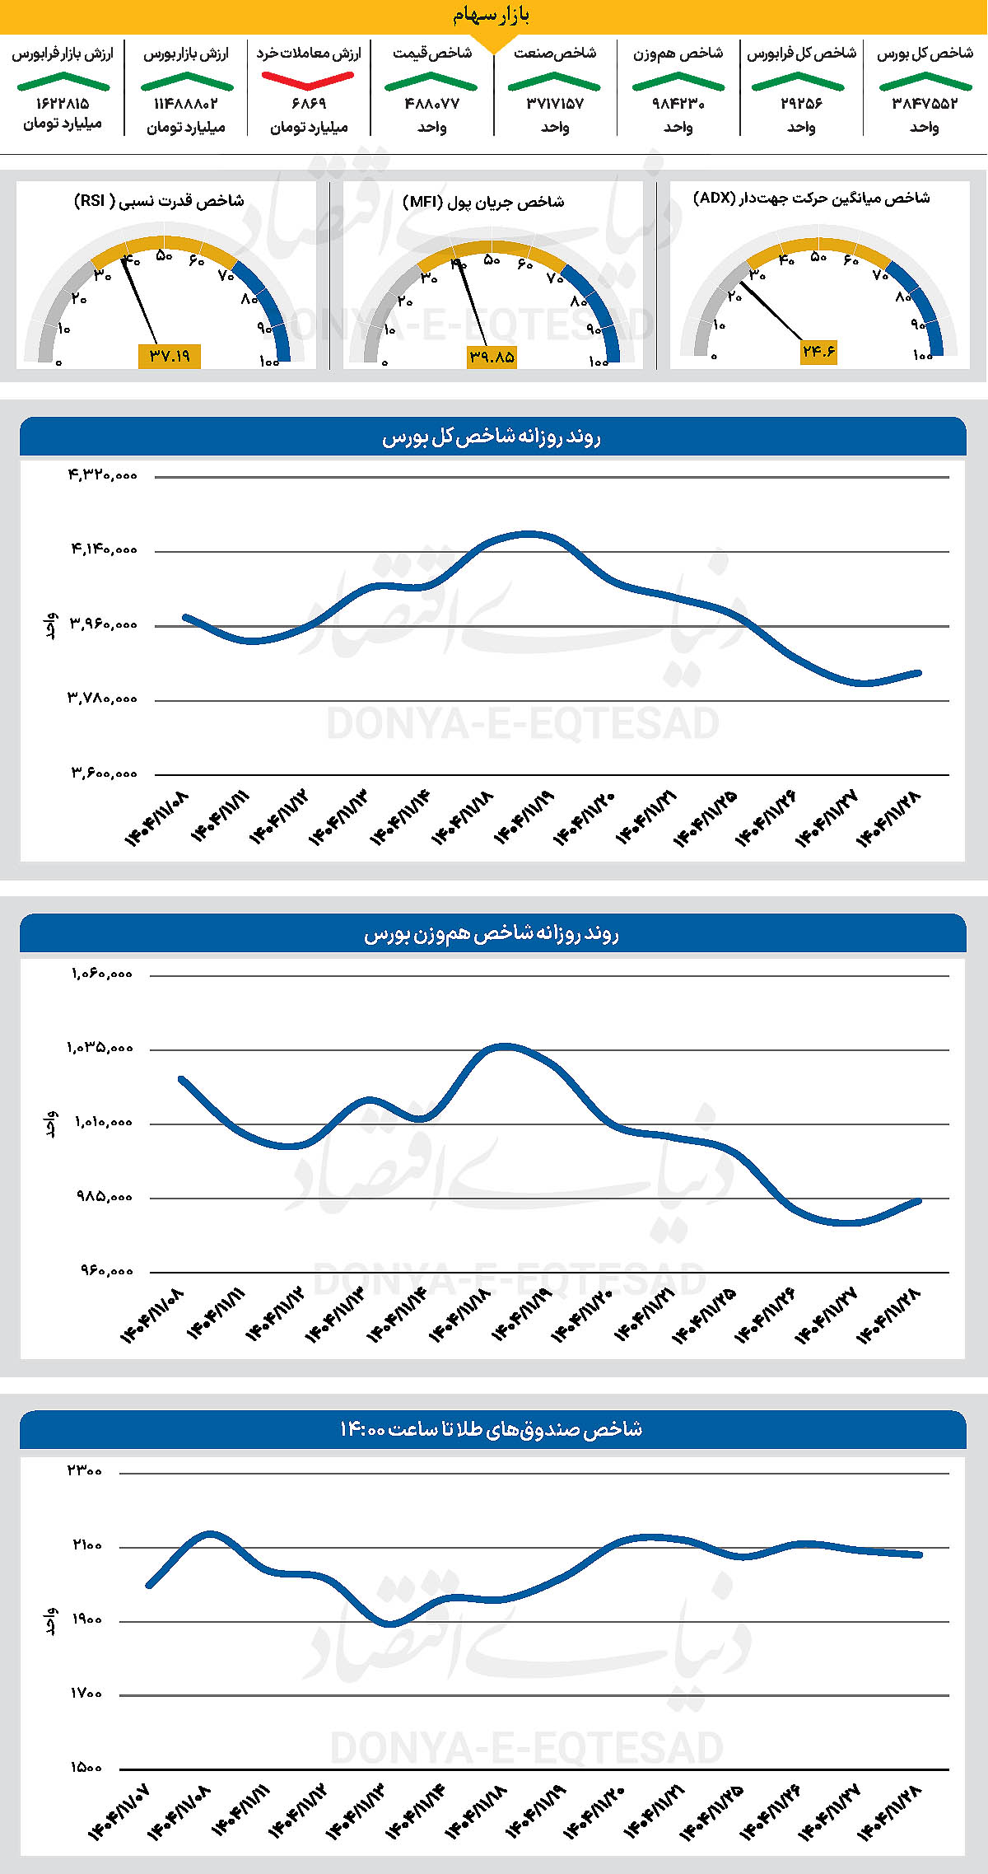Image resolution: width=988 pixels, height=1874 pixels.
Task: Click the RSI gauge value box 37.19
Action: pyautogui.click(x=170, y=356)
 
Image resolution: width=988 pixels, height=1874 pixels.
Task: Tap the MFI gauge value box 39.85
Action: pyautogui.click(x=492, y=357)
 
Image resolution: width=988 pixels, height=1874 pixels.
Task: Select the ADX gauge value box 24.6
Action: pyautogui.click(x=818, y=352)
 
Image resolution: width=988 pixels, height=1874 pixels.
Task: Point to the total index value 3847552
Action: pyautogui.click(x=925, y=104)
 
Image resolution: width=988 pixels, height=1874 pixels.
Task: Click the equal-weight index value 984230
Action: pyautogui.click(x=678, y=104)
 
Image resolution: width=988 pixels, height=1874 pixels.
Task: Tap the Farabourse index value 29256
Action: pyautogui.click(x=801, y=104)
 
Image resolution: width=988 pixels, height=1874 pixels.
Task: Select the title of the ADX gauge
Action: pyautogui.click(x=812, y=198)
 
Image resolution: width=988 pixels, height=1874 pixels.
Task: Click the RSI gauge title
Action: pyautogui.click(x=159, y=201)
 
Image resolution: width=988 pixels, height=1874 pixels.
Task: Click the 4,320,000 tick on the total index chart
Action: pyautogui.click(x=103, y=474)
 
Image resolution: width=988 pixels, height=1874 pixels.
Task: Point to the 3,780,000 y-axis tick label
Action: pyautogui.click(x=103, y=699)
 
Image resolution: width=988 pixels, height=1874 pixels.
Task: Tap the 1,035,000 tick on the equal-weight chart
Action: pyautogui.click(x=100, y=1048)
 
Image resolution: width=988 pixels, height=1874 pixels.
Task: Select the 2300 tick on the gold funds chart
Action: pyautogui.click(x=86, y=1471)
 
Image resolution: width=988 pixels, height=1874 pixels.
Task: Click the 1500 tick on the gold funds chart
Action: pyautogui.click(x=86, y=1768)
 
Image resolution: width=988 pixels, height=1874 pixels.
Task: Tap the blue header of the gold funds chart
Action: pyautogui.click(x=492, y=1429)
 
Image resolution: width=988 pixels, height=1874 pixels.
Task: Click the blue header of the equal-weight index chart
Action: pyautogui.click(x=492, y=933)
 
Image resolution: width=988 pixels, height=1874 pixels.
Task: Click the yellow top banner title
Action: pyautogui.click(x=492, y=15)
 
